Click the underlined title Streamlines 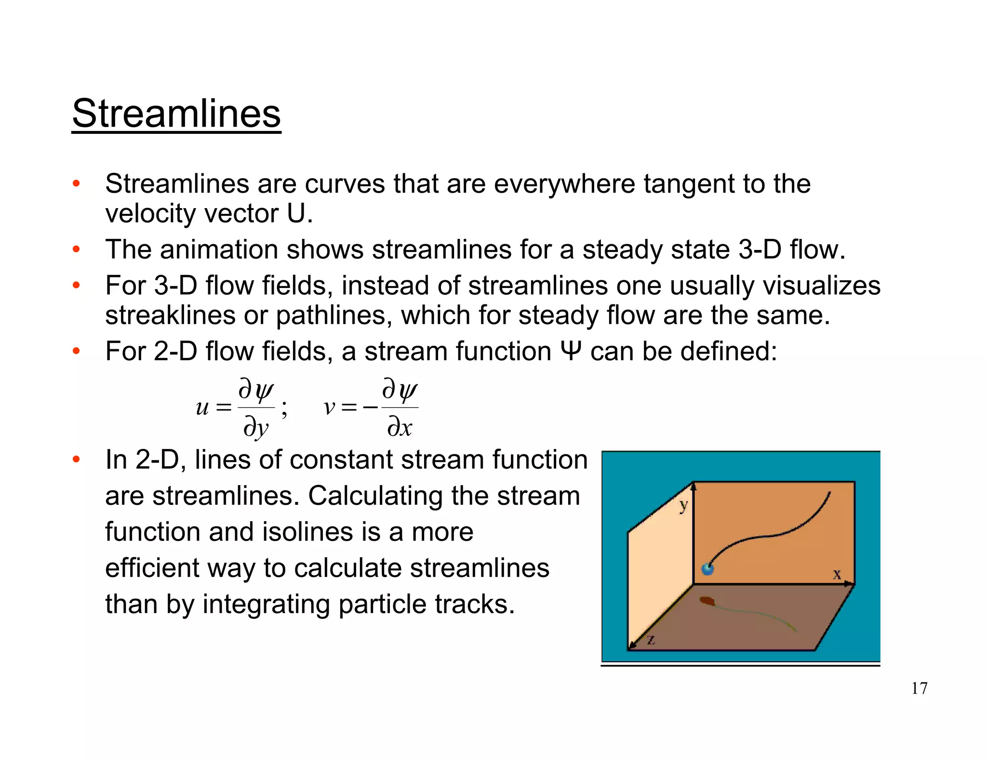coord(176,114)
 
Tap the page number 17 coord(919,688)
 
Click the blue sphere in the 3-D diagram coord(707,569)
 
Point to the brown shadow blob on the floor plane coord(707,601)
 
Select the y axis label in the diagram coord(683,506)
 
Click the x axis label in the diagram coord(837,574)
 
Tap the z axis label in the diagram coord(651,640)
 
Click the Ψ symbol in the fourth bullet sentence coord(572,351)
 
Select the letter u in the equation coord(202,408)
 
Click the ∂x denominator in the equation coord(400,427)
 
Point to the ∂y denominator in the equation coord(256,427)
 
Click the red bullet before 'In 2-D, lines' coord(76,460)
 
